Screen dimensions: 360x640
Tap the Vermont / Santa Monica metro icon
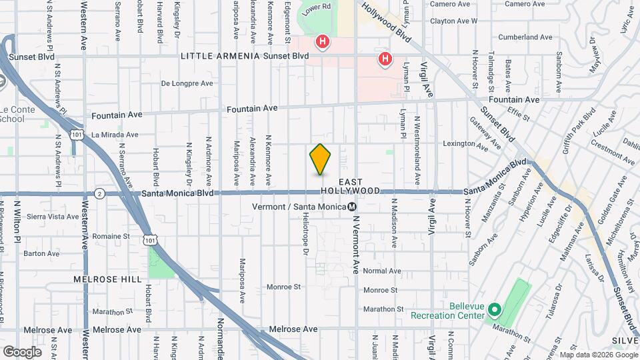(x=352, y=206)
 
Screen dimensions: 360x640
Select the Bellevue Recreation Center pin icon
(x=494, y=309)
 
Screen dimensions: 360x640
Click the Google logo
(x=22, y=351)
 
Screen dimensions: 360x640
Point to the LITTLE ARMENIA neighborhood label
(x=220, y=56)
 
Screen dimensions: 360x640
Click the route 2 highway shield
(x=99, y=193)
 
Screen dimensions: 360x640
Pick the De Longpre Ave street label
(x=187, y=84)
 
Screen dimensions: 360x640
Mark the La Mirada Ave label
(x=115, y=135)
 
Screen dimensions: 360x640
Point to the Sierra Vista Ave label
(x=53, y=217)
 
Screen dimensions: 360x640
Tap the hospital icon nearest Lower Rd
(x=323, y=43)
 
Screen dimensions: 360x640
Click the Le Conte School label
(x=11, y=115)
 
